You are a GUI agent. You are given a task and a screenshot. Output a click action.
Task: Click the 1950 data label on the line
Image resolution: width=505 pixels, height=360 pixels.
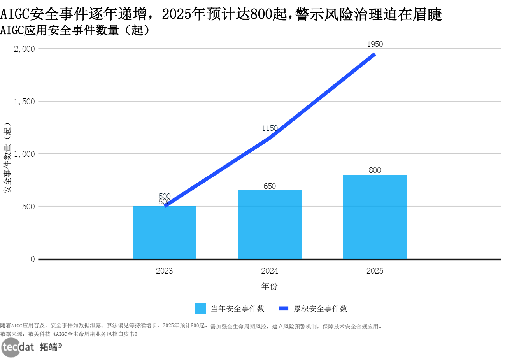click(x=375, y=44)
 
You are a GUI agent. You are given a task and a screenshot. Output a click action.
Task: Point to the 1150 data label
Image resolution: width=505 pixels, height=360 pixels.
click(x=270, y=128)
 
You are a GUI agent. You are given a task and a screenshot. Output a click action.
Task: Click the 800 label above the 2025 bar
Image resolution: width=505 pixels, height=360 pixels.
click(x=375, y=170)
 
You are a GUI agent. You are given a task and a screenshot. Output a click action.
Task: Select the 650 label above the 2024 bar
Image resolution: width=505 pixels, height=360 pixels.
click(x=270, y=186)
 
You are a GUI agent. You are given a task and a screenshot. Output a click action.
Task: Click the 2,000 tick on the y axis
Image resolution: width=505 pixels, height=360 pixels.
click(x=25, y=49)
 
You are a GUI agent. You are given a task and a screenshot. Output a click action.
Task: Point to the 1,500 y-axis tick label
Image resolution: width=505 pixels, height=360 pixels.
click(x=25, y=102)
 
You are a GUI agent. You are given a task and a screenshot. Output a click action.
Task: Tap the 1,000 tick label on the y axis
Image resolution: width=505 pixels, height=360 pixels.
click(x=25, y=154)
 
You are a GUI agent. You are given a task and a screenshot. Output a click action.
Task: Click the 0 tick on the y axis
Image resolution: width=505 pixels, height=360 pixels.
click(x=33, y=259)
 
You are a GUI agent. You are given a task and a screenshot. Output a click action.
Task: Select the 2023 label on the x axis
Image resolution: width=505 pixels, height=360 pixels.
click(x=164, y=271)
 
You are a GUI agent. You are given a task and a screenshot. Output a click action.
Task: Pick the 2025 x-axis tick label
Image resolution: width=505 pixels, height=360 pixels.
click(x=375, y=271)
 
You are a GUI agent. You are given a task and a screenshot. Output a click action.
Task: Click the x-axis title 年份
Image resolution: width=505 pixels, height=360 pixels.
click(x=269, y=286)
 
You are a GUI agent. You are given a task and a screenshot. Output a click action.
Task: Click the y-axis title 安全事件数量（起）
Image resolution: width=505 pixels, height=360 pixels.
click(x=7, y=158)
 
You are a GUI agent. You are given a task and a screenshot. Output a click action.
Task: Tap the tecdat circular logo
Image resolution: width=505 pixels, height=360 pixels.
click(x=11, y=347)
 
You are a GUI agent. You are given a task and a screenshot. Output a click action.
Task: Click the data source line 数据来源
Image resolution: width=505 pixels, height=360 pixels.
click(x=69, y=334)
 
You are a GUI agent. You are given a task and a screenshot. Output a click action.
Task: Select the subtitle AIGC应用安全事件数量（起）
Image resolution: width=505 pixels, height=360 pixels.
click(x=75, y=30)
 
